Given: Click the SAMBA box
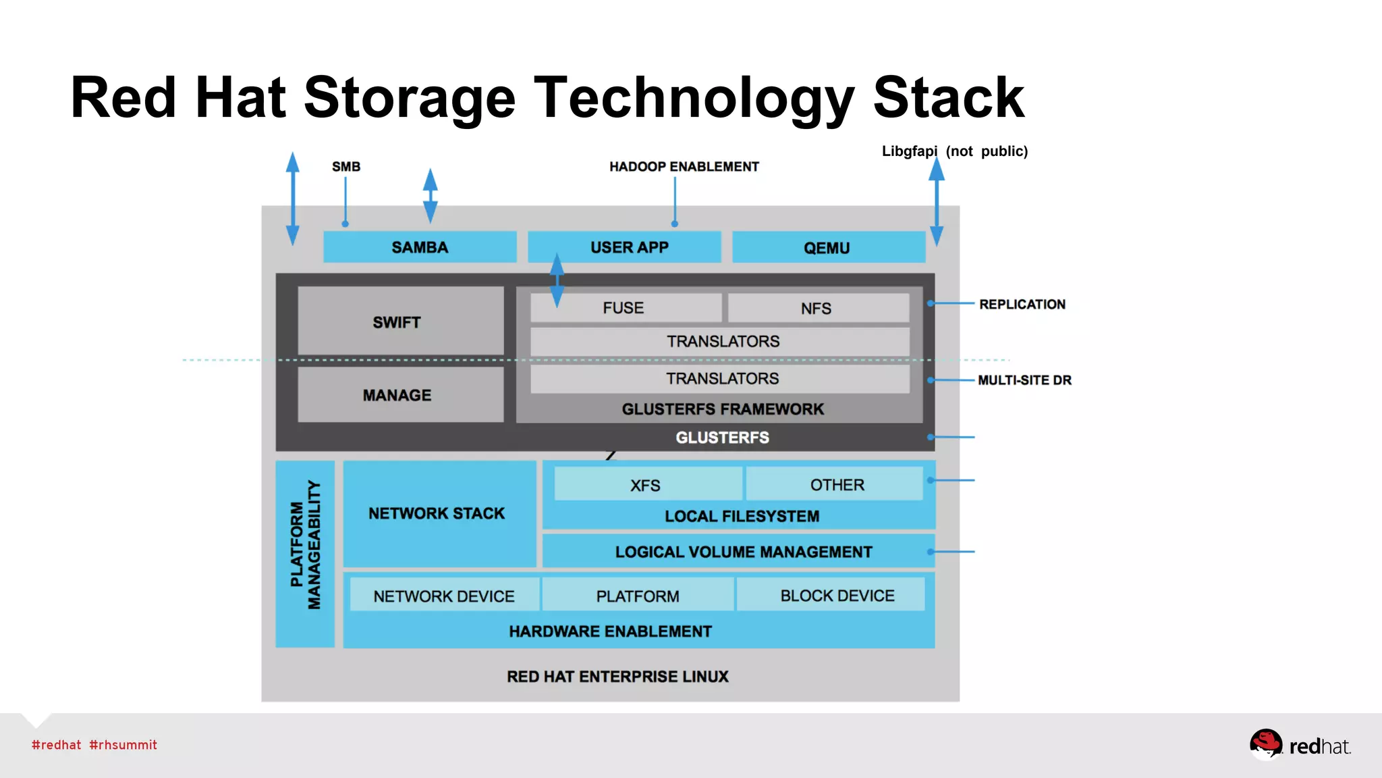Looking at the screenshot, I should pyautogui.click(x=420, y=247).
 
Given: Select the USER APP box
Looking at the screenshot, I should pyautogui.click(x=629, y=247).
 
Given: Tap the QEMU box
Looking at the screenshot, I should pyautogui.click(x=827, y=248).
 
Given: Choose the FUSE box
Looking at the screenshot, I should pyautogui.click(x=624, y=308).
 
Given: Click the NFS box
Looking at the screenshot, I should pyautogui.click(x=817, y=309).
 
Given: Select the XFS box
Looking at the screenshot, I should pyautogui.click(x=646, y=485).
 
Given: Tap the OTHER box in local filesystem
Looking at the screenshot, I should pyautogui.click(x=837, y=485).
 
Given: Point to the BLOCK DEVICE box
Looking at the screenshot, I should pyautogui.click(x=837, y=596).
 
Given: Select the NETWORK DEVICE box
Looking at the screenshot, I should pyautogui.click(x=444, y=596).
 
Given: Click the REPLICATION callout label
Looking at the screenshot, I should pyautogui.click(x=1022, y=305).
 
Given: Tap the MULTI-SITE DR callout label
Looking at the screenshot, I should pyautogui.click(x=1024, y=380).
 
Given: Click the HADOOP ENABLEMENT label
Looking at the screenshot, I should pyautogui.click(x=684, y=167).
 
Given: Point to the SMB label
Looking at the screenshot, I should pyautogui.click(x=345, y=167).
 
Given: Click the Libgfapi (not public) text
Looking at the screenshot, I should pyautogui.click(x=954, y=151).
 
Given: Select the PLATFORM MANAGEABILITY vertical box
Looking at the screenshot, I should pyautogui.click(x=305, y=554).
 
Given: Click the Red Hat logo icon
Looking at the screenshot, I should pyautogui.click(x=1265, y=744).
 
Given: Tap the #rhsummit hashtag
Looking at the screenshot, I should pyautogui.click(x=123, y=745).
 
